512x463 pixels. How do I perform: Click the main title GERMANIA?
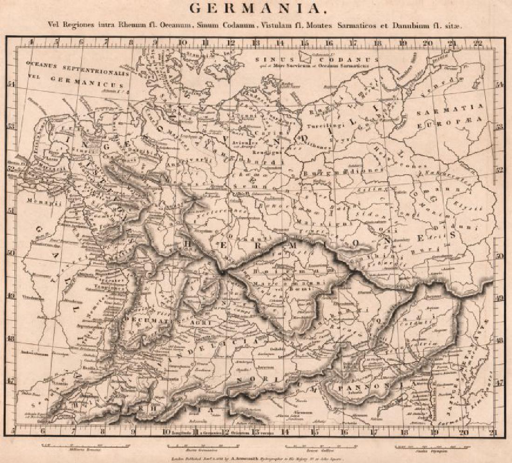256,9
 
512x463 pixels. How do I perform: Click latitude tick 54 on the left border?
13,84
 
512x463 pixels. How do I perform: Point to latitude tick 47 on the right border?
499,382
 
